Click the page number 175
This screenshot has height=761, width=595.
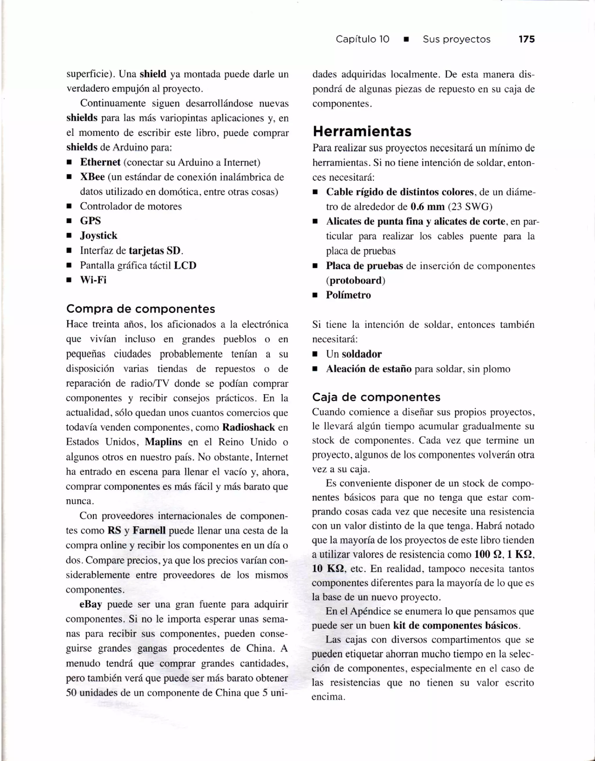(526, 39)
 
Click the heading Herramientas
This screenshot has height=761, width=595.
(362, 131)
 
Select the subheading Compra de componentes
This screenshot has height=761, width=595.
(141, 309)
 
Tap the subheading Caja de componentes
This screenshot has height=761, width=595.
(376, 397)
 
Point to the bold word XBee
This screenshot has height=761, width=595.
(92, 177)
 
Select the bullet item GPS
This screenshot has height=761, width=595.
(90, 221)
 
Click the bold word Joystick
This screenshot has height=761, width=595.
(99, 235)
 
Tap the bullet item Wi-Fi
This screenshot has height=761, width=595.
(93, 280)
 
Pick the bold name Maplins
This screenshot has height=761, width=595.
(164, 442)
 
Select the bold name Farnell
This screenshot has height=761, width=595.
(149, 530)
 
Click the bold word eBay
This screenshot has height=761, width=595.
(91, 604)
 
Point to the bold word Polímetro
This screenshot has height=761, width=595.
(348, 295)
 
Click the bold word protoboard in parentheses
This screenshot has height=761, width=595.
(356, 280)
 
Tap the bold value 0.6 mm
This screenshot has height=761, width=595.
(427, 207)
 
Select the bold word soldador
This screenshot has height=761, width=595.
(361, 354)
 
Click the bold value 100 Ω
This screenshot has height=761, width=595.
(489, 554)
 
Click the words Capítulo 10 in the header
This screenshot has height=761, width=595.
(362, 39)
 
